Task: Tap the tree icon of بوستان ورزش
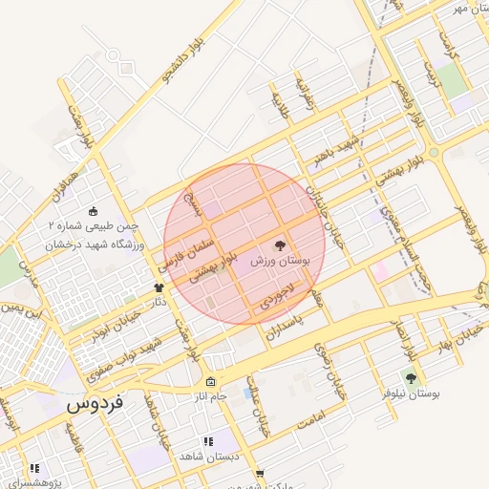[x=280, y=245]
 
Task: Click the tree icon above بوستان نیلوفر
[x=412, y=379]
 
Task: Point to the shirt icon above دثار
[x=159, y=287]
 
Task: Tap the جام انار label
[x=211, y=395]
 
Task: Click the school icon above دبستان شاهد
[x=208, y=442]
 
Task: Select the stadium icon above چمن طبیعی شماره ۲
[x=93, y=211]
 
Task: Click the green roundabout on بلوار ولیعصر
[x=434, y=153]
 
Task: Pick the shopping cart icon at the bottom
[x=259, y=474]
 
